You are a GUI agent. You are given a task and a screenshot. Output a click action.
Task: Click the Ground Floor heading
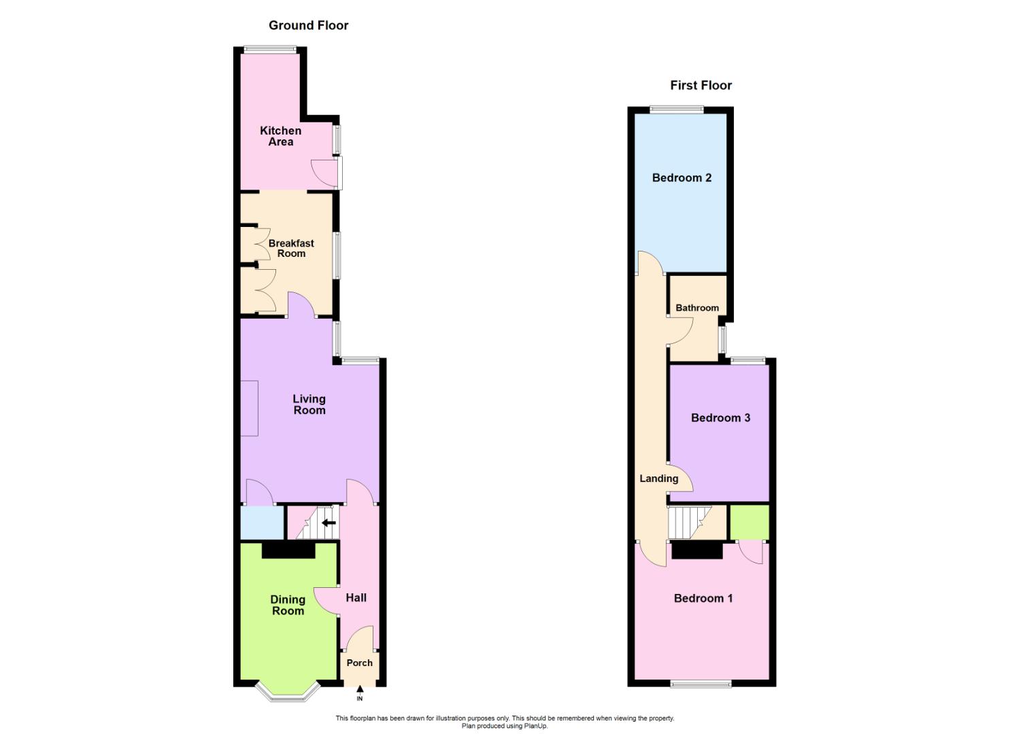(308, 25)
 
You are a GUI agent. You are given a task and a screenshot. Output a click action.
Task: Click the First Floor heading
(701, 85)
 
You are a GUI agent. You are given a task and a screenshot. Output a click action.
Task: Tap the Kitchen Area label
(280, 136)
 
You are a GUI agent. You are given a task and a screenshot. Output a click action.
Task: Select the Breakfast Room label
(291, 248)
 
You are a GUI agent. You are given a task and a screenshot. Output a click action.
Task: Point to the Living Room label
(309, 404)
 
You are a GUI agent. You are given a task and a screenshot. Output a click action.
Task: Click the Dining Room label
(288, 605)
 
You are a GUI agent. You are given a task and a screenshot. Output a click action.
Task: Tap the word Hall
(356, 597)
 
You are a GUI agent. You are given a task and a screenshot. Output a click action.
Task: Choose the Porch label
(359, 663)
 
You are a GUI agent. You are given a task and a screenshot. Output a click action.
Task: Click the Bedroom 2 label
(681, 177)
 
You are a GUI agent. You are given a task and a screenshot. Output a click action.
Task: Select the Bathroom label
(697, 308)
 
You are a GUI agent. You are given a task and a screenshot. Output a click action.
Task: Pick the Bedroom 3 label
(720, 418)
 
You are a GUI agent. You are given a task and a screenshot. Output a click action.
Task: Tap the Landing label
(659, 478)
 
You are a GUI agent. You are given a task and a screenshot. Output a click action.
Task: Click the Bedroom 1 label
(703, 598)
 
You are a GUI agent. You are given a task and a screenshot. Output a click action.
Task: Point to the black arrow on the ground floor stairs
(329, 523)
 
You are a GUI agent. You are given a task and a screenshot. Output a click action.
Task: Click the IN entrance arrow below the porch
(360, 692)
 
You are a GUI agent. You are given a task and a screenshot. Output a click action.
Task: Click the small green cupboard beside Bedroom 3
(750, 522)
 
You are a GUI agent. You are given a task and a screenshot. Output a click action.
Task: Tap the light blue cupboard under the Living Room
(262, 523)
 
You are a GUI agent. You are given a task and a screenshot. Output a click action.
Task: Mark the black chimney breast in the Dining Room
(288, 550)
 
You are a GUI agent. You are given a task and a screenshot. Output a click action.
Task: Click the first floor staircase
(688, 522)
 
